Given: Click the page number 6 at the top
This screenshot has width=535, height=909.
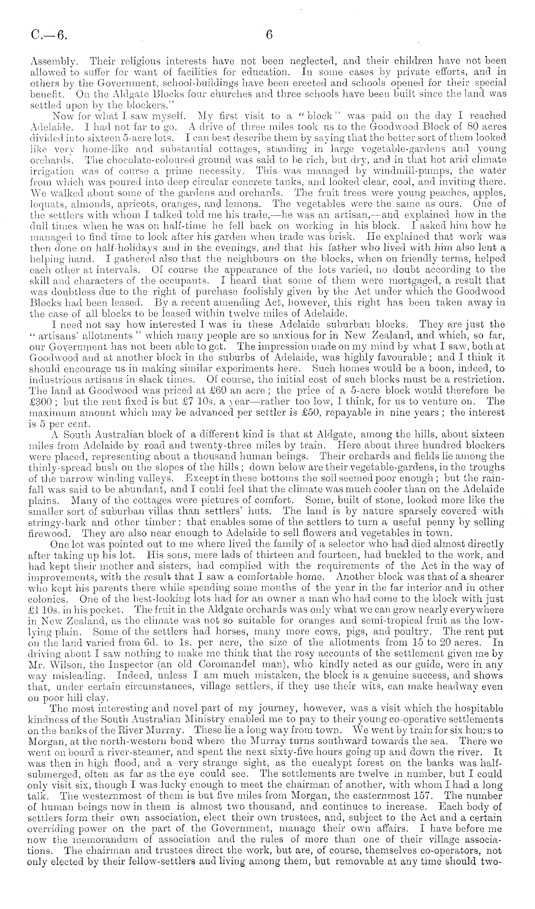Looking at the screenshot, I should (269, 35).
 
